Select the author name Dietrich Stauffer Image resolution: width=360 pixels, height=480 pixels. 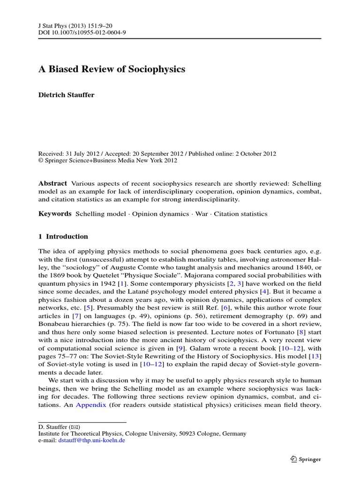66,95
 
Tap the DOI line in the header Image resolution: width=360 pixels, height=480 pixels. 82,32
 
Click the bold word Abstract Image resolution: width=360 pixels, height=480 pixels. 52,183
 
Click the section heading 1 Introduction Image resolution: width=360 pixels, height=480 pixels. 63,237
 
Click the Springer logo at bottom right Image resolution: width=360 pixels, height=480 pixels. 305,459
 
